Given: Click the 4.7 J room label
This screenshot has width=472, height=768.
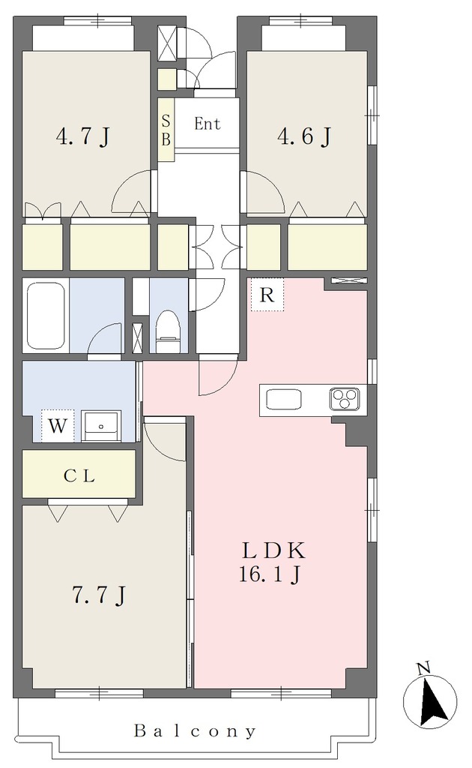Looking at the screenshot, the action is coord(82,136).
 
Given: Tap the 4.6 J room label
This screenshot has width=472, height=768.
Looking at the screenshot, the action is coord(304,136).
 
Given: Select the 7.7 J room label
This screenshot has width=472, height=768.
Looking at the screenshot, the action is coord(99,595).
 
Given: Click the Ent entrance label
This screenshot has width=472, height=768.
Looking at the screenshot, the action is coord(208,124).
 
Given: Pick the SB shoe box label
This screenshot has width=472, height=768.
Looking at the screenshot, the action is coord(166,130).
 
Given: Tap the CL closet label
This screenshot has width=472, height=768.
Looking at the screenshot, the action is coord(79,475).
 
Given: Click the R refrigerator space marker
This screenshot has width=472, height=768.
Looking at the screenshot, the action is coord(267,295).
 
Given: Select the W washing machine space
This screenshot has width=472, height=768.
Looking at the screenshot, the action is coord(58,426).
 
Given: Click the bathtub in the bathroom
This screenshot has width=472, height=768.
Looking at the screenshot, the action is coord(46,316).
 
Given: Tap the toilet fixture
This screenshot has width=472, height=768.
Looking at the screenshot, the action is coord(168,331).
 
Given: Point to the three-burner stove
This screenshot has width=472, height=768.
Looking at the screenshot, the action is coord(345,398).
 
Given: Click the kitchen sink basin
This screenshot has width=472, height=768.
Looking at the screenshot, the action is coord(284,399).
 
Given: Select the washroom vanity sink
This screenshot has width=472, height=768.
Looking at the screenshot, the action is coord(101,426).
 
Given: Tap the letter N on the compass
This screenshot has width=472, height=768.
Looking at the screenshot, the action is coord(423,667).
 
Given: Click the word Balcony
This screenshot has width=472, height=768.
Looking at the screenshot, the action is coord(195,731).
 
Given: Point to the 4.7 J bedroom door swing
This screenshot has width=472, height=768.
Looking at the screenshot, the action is coord(131,191).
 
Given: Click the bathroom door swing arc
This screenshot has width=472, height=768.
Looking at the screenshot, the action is coord(104,338).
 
